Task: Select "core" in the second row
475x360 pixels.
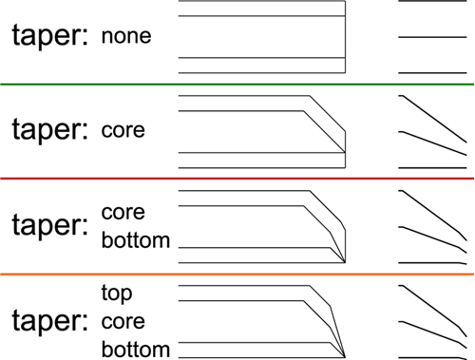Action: click(123, 129)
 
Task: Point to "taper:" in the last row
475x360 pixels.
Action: click(49, 320)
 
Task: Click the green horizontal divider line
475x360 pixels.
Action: click(237, 85)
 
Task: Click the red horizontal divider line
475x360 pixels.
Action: click(237, 178)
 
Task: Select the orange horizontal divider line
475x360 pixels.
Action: click(237, 275)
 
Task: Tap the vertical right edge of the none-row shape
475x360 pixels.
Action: click(344, 38)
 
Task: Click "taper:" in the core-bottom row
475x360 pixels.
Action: click(49, 225)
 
